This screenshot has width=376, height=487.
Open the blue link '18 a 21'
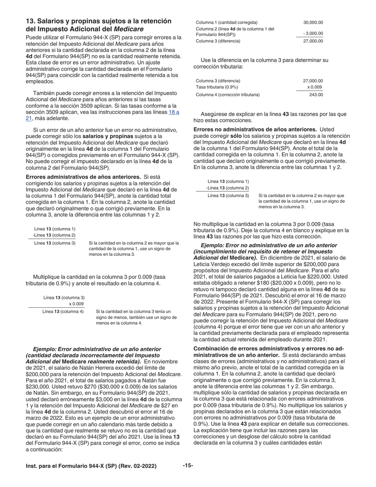(x=174, y=112)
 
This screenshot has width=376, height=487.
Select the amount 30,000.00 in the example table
(x=313, y=23)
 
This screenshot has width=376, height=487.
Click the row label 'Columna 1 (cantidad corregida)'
(x=226, y=23)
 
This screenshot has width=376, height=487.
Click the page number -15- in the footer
(x=188, y=466)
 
